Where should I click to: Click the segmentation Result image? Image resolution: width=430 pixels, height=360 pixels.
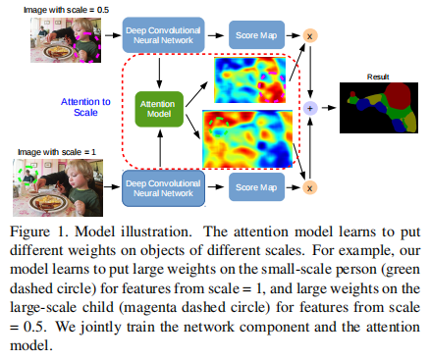pos(379,109)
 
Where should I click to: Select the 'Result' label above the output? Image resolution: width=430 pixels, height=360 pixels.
pos(378,74)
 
